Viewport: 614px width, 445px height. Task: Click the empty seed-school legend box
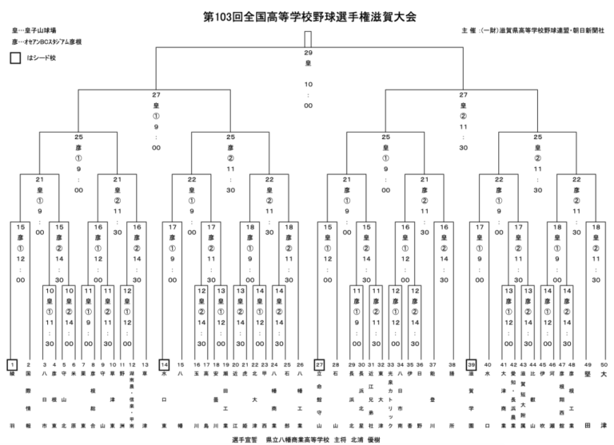click(15, 58)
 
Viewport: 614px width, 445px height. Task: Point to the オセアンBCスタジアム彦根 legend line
click(47, 42)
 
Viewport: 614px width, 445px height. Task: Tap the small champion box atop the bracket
click(308, 39)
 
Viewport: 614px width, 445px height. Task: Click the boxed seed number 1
click(12, 364)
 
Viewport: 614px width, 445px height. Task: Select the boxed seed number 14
click(165, 364)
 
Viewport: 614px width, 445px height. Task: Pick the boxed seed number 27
click(319, 364)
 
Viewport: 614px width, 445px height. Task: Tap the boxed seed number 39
click(472, 364)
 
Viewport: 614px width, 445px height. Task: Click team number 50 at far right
click(603, 364)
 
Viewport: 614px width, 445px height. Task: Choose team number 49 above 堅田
click(588, 364)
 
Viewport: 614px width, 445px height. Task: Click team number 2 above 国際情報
click(29, 364)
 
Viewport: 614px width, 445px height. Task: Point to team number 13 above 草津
click(145, 364)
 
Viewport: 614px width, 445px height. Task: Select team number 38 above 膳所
click(452, 364)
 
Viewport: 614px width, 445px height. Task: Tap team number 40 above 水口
click(486, 364)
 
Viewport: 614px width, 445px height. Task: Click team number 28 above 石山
click(335, 364)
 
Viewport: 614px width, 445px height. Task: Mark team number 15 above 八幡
click(181, 364)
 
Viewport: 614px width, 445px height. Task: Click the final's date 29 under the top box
click(308, 53)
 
